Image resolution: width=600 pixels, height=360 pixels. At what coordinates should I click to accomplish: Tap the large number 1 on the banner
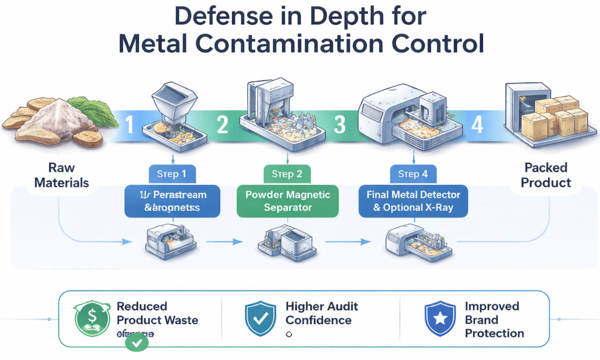[x=130, y=124]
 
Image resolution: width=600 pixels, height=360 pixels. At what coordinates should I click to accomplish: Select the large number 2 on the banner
[x=223, y=124]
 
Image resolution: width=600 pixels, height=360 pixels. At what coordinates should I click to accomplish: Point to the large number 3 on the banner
[x=339, y=124]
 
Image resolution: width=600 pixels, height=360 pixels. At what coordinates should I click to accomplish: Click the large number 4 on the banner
[x=477, y=124]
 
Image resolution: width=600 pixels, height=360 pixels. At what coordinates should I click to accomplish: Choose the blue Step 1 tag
[x=172, y=174]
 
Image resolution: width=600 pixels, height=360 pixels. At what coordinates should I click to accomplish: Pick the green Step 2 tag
[x=287, y=174]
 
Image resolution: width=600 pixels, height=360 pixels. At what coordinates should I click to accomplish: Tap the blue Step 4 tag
[x=413, y=174]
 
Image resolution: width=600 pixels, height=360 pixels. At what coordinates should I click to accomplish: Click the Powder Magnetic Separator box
[x=287, y=201]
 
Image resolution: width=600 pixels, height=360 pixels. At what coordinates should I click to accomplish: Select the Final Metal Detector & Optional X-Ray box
[x=413, y=201]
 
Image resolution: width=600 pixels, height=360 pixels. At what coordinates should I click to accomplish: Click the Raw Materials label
[x=62, y=175]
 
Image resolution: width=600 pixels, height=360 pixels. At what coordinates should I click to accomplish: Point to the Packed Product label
[x=546, y=175]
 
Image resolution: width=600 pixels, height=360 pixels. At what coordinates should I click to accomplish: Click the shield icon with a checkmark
[x=260, y=319]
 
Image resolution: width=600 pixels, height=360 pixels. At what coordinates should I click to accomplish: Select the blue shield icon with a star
[x=440, y=319]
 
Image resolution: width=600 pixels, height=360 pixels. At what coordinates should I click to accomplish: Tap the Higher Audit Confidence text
[x=321, y=313]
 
